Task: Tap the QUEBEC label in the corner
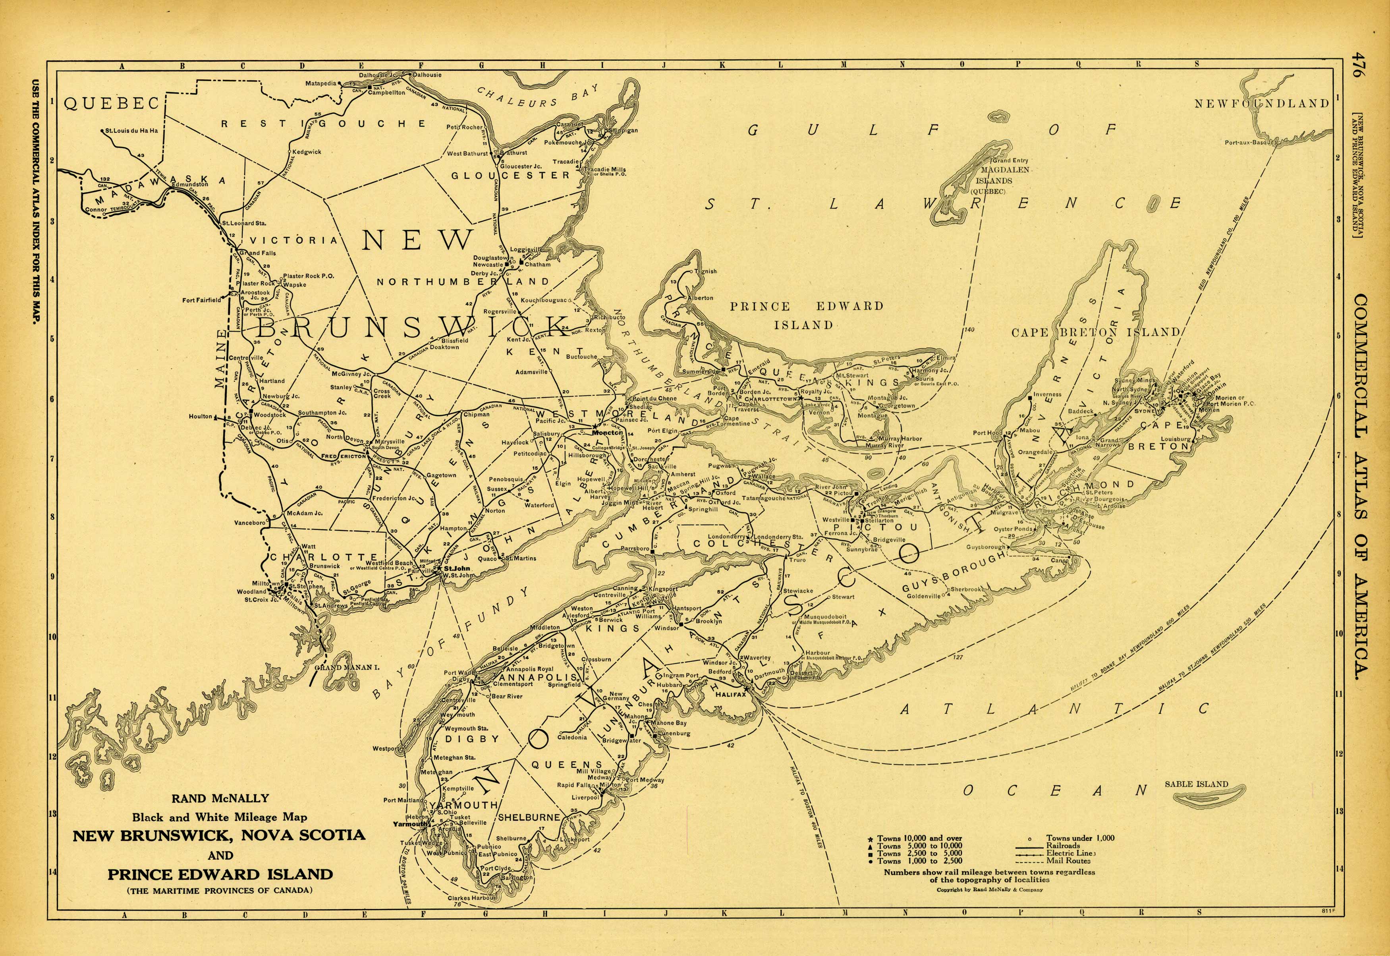tap(112, 104)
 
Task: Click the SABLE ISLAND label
tap(1196, 784)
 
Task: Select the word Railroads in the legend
tap(1064, 846)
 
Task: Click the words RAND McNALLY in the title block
tap(220, 798)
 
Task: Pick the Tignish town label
tap(705, 271)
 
